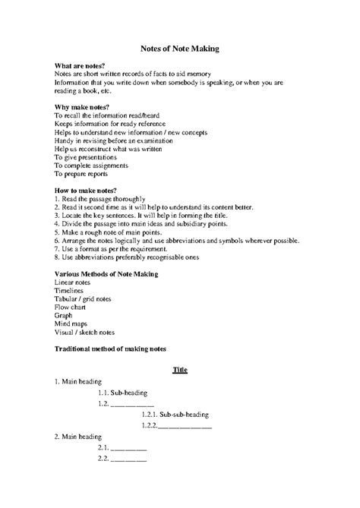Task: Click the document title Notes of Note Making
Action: click(x=180, y=49)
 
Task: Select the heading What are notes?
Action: click(x=81, y=67)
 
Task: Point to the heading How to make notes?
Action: click(x=86, y=188)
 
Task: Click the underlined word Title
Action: click(x=180, y=370)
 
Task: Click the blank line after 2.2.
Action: click(x=128, y=459)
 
